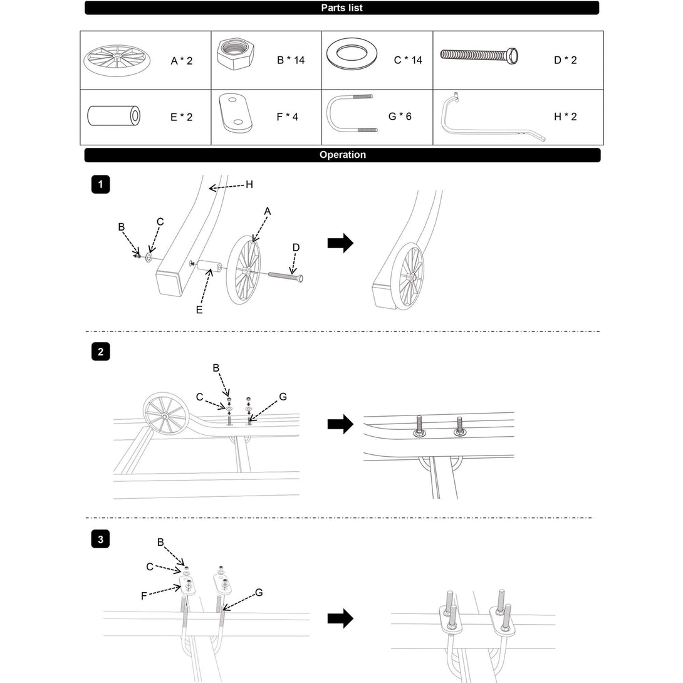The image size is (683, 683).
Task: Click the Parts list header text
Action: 341,8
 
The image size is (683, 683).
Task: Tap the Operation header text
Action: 342,155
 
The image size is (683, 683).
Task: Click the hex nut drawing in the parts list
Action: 239,59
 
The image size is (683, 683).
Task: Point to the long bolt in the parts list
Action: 481,56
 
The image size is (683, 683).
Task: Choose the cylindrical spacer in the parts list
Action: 113,116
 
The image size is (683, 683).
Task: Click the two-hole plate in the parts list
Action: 234,113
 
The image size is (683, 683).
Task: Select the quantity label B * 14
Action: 291,61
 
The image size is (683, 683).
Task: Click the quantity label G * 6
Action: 400,116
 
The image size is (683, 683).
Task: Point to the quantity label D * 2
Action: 565,61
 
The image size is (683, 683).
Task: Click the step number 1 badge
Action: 100,184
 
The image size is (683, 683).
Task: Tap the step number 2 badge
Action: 100,352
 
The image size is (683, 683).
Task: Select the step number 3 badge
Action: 100,539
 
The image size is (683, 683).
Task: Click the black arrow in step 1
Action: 340,244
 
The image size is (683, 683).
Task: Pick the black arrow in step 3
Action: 340,618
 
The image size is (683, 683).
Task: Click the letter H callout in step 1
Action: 249,184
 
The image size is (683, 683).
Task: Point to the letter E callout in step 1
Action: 199,310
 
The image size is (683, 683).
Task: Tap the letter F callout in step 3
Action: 144,595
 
